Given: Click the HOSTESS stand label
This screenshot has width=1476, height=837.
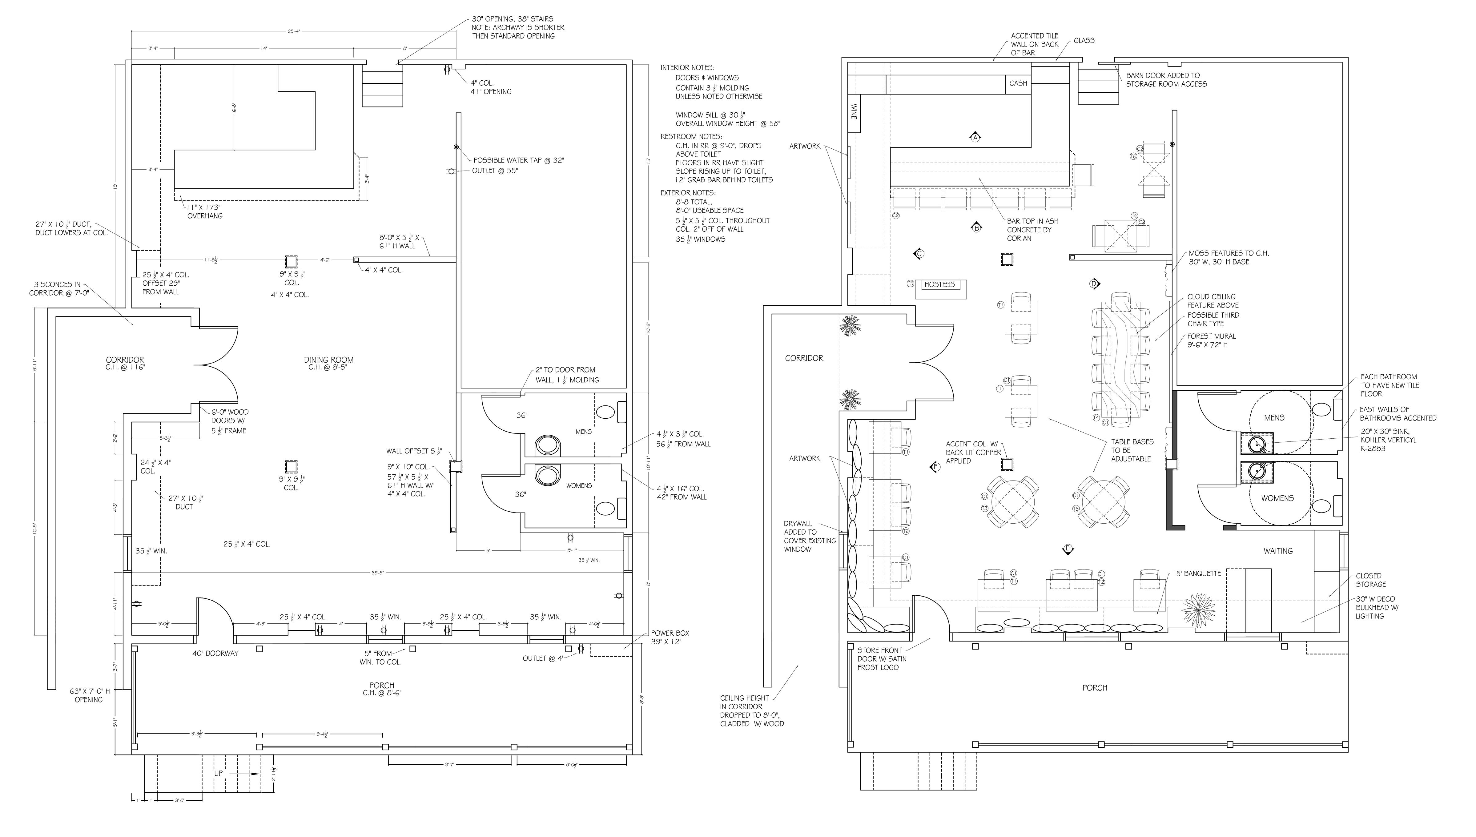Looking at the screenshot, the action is pos(939,284).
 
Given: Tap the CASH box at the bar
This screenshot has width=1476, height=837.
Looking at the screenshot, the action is pos(1018,83).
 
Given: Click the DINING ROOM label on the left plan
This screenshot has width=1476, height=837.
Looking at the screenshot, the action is pos(329,360).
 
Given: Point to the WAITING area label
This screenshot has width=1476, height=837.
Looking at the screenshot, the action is pos(1278,551).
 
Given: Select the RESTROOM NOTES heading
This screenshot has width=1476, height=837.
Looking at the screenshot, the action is pos(691,137).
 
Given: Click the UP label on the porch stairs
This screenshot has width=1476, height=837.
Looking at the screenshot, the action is pos(219,773).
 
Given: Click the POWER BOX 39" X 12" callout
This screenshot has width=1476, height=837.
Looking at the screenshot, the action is pos(670,637).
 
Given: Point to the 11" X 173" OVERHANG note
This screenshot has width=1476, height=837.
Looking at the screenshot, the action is pos(204,211).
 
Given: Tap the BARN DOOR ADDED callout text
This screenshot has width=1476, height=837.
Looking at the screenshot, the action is pos(1166,79).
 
